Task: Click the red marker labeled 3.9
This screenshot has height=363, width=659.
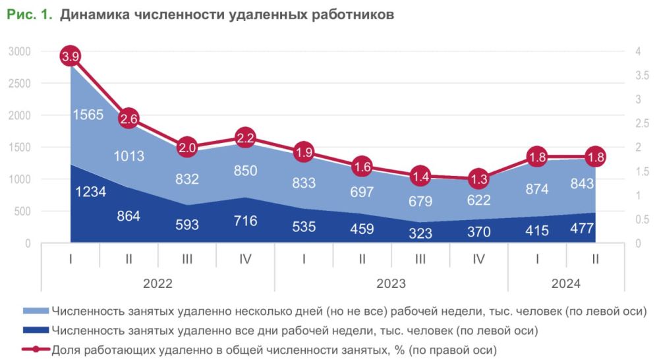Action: pos(71,57)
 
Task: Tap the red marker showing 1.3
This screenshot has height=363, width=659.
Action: pos(479,179)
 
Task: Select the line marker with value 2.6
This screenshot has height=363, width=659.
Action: pos(129,119)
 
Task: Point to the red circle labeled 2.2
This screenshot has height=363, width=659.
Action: pos(245,138)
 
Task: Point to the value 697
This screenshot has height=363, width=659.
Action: pos(362,192)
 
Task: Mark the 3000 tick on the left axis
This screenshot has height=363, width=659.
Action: pos(20,51)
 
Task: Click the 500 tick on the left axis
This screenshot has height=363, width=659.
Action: pos(22,211)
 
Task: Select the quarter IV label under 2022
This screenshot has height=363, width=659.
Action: pos(245,259)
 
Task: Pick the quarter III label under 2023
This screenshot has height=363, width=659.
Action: pos(420,259)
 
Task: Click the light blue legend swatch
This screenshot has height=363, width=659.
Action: pos(36,311)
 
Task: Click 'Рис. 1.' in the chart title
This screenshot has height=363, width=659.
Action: pos(29,14)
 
